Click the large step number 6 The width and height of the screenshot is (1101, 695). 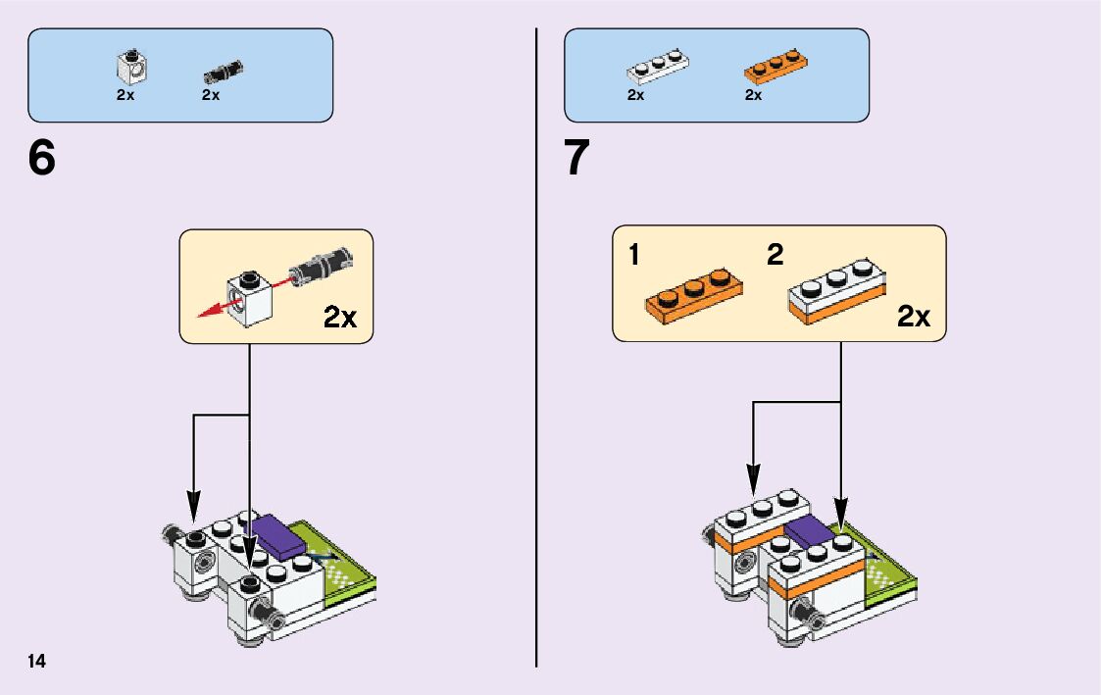pos(42,158)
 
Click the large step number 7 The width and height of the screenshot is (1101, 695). pos(577,158)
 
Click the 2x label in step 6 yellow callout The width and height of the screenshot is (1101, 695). pos(340,317)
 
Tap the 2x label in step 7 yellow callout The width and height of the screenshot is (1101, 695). pos(913,317)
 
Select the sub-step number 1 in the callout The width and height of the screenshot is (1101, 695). pos(634,256)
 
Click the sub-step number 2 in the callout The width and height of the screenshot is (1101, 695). pos(776,256)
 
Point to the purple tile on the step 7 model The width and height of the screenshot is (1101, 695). pos(809,530)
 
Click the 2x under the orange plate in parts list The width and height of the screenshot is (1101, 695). pos(753,95)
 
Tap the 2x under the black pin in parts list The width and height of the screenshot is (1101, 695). pos(210,95)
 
